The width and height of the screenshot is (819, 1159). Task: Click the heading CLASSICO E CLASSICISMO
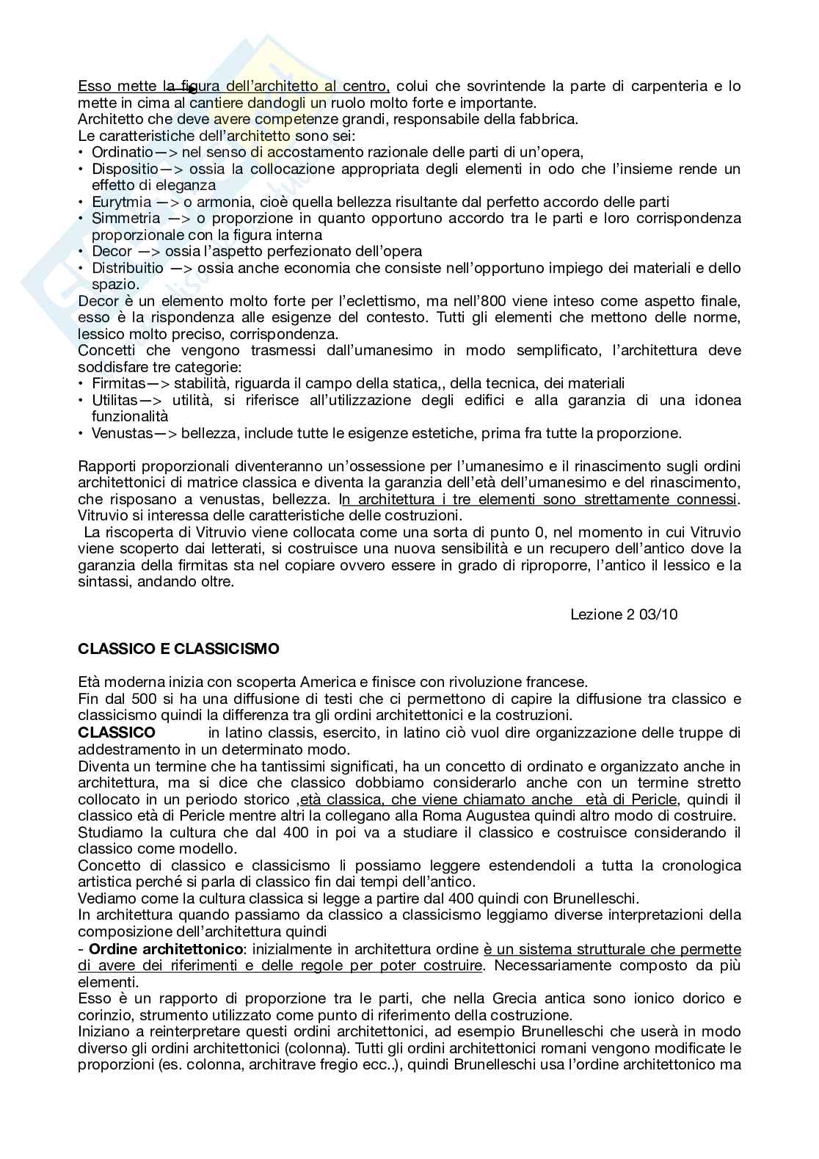[178, 649]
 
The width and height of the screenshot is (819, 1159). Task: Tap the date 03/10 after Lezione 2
[658, 614]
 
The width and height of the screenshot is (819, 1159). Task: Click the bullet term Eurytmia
[122, 202]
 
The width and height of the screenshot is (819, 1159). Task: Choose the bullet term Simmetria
[125, 218]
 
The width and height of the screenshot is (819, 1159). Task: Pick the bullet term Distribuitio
[128, 268]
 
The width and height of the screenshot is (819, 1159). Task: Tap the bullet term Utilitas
[114, 400]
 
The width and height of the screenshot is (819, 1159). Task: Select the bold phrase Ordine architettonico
[165, 949]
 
